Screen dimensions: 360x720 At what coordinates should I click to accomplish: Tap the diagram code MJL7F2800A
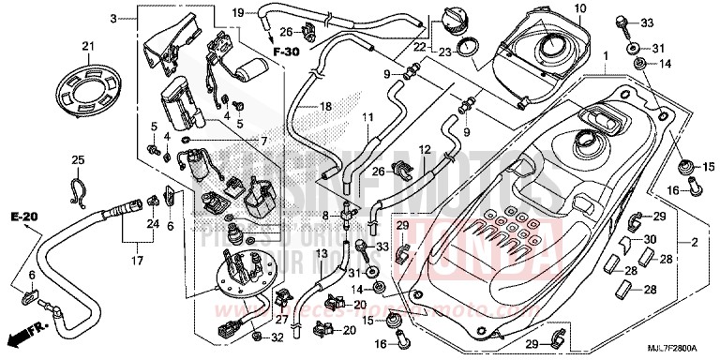(681, 350)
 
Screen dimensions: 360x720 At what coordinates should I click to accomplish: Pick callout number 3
(114, 18)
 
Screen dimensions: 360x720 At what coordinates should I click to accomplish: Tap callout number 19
(238, 12)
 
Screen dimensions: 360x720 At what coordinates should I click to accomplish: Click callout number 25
(78, 160)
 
